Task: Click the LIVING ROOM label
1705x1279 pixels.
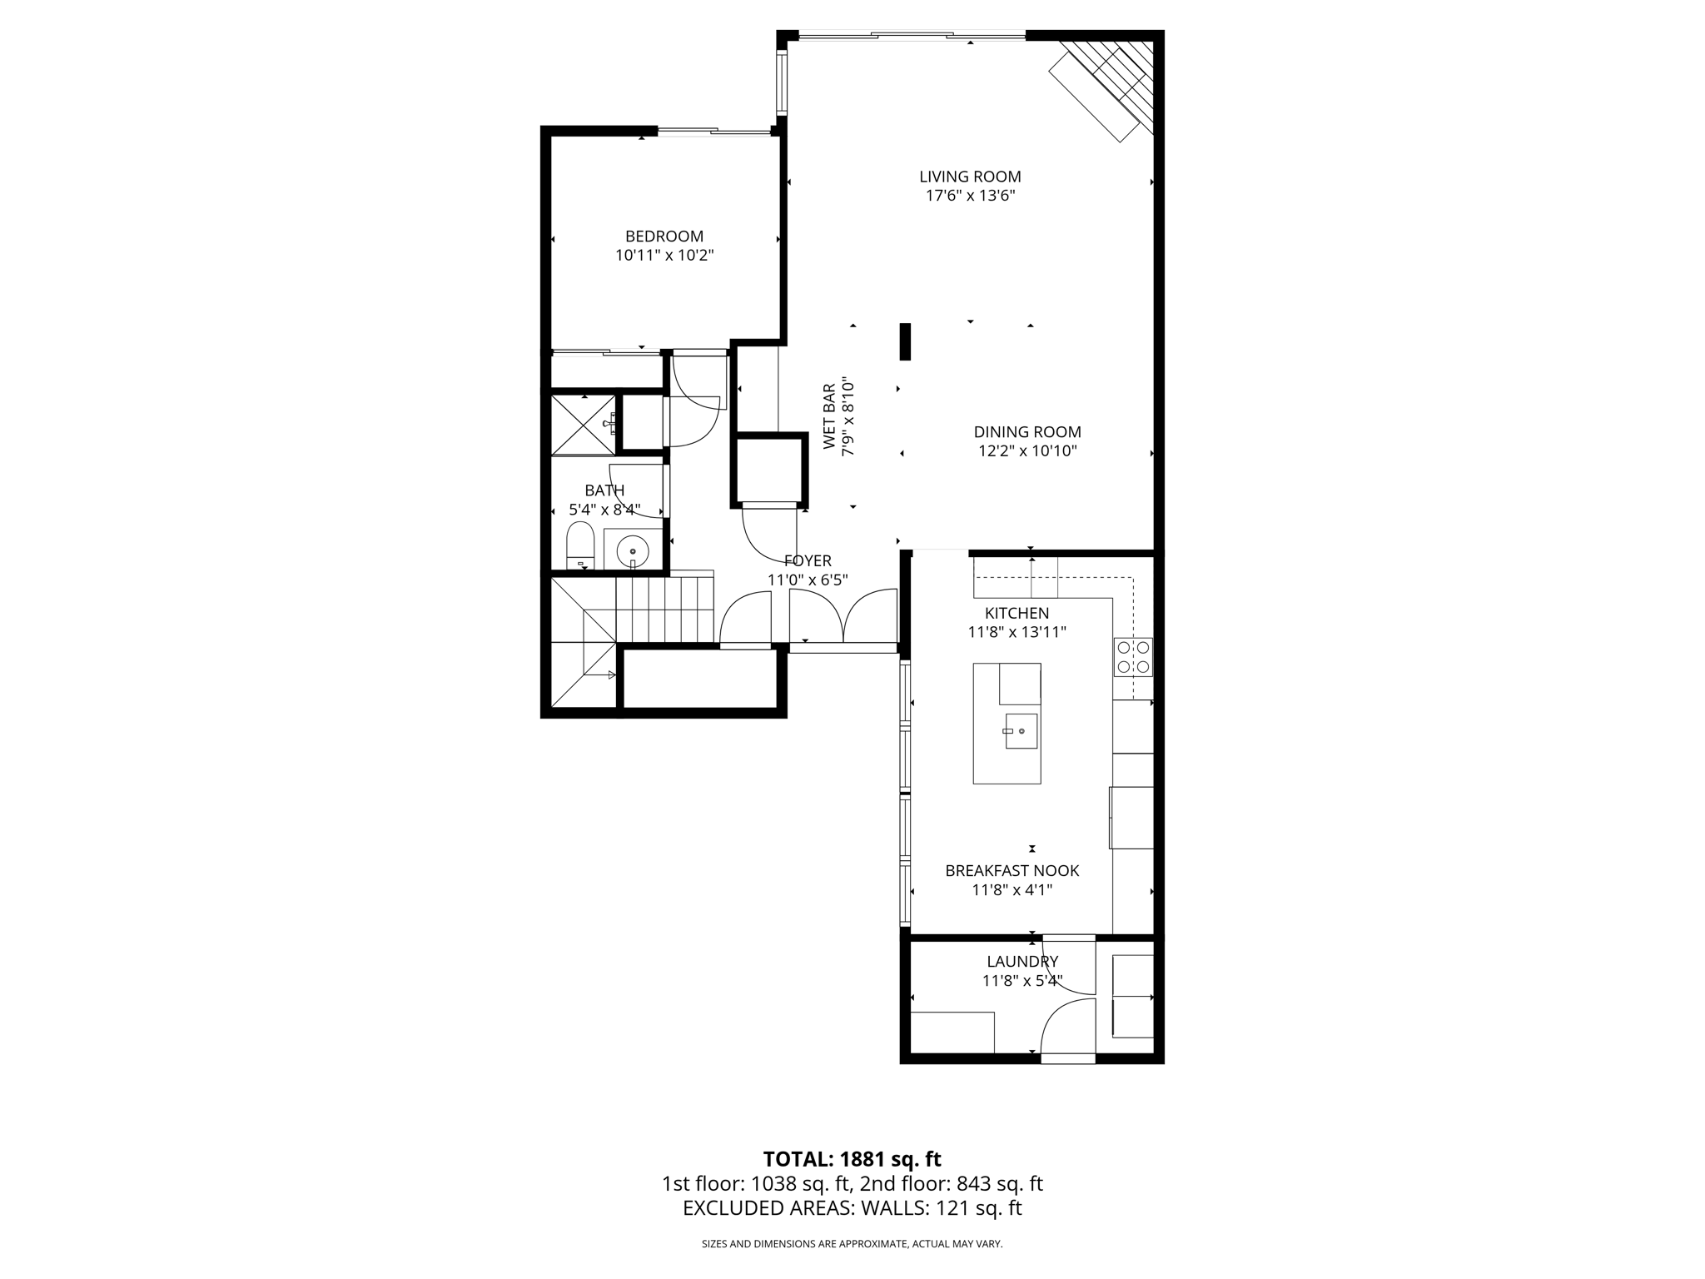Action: point(970,177)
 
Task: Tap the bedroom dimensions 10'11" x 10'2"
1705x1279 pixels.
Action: point(664,256)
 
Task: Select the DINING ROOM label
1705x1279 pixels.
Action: point(1027,432)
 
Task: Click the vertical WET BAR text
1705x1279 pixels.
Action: point(829,416)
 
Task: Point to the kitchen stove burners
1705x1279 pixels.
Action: point(1133,656)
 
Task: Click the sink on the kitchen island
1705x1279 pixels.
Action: point(1021,731)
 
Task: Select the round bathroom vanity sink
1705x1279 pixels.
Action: point(633,550)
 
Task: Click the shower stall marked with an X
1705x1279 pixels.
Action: point(583,425)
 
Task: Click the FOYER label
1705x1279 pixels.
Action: point(808,561)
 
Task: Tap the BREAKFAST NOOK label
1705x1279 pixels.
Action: point(1012,870)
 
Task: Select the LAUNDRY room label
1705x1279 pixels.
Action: point(1022,962)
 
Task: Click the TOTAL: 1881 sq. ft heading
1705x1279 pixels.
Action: point(852,1159)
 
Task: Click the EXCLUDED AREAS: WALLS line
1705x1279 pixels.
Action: point(852,1208)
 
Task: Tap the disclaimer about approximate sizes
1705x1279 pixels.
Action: point(852,1244)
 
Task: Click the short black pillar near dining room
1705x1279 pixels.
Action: point(905,341)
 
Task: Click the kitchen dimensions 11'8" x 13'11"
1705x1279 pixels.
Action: point(1017,632)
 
